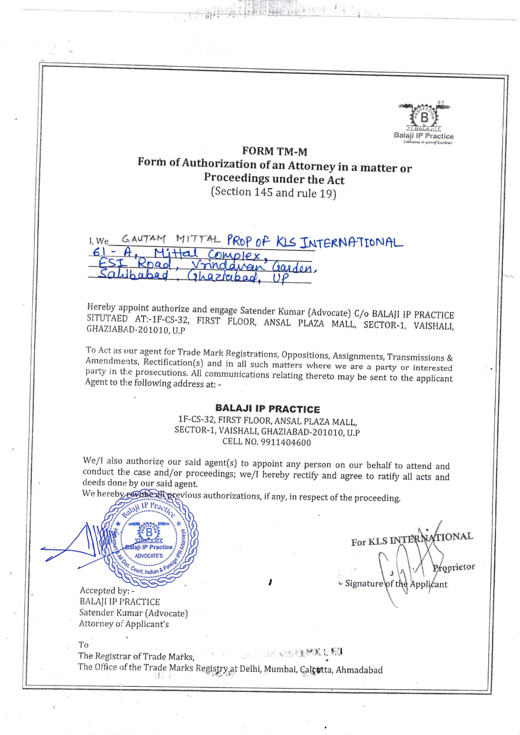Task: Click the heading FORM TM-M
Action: tap(274, 151)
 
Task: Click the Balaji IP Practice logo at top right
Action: tap(424, 122)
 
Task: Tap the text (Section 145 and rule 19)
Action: tap(273, 192)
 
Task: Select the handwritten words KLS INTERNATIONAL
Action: tap(339, 242)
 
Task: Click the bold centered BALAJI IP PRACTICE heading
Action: tap(267, 409)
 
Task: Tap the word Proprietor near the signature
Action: tap(454, 567)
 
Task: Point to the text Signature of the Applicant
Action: tap(396, 584)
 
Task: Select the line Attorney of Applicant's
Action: tap(124, 624)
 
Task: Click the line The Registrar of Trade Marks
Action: tap(136, 656)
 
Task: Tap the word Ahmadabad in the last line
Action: tap(359, 670)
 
